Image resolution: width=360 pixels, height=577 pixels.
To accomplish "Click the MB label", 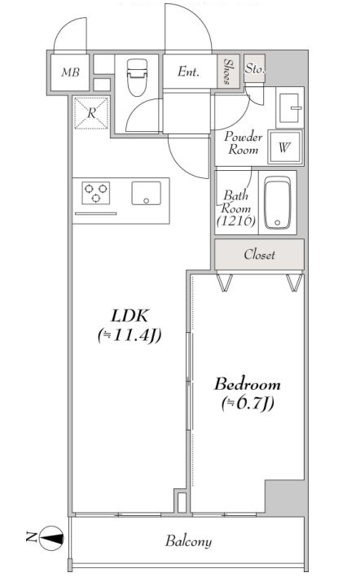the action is coord(70,72).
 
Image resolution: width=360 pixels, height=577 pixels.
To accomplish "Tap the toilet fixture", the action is coord(137,77).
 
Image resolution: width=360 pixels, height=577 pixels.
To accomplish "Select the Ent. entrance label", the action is coord(188,71).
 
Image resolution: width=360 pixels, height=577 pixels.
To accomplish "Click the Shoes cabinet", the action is coord(228,72).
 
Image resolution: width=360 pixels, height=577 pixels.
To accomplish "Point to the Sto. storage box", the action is coord(254,68).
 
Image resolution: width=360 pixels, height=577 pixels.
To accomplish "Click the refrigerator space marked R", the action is coord(91,112).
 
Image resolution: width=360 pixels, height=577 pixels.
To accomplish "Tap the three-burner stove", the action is coord(96,193).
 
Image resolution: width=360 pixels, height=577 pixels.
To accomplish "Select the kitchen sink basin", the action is coord(146,193).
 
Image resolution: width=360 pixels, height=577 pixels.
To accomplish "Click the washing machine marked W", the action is coord(285,147).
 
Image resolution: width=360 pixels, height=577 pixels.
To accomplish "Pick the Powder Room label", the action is coord(243,142).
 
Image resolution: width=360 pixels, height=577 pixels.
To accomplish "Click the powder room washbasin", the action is coord(290,107).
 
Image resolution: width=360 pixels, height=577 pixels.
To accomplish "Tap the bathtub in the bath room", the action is coord(278,203).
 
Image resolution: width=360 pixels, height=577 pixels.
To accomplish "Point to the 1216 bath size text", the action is coord(236,221).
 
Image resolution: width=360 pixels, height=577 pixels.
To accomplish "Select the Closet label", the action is coord(259,255).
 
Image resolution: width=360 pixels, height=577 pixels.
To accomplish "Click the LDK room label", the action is coord(130,316).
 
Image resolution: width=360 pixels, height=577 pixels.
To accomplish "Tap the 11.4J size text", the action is coord(130,335).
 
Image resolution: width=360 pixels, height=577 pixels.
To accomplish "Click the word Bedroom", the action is coord(247,384).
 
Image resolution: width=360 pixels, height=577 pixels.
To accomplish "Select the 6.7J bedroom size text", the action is coord(248,404).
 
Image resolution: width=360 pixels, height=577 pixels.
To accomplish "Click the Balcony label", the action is coord(188,541).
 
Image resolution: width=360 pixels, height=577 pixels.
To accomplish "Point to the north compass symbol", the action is coord(50,539).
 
